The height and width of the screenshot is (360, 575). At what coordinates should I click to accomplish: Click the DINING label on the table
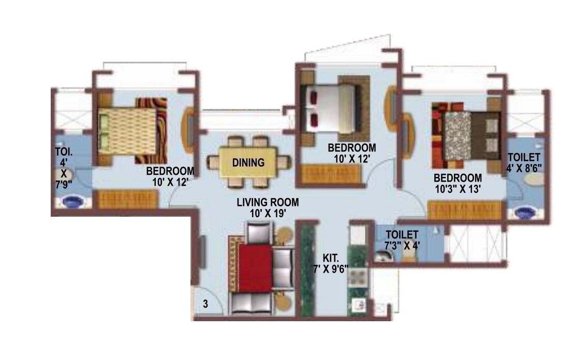[x=248, y=162]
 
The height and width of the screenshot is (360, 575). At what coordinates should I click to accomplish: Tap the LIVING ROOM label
[x=268, y=202]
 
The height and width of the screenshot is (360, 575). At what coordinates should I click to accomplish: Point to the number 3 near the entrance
[x=205, y=304]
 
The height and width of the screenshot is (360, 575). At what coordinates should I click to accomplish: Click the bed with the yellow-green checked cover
[x=127, y=130]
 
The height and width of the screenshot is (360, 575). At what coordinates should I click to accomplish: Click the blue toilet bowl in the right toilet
[x=525, y=212]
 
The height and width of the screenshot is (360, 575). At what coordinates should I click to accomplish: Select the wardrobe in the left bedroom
[x=127, y=199]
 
